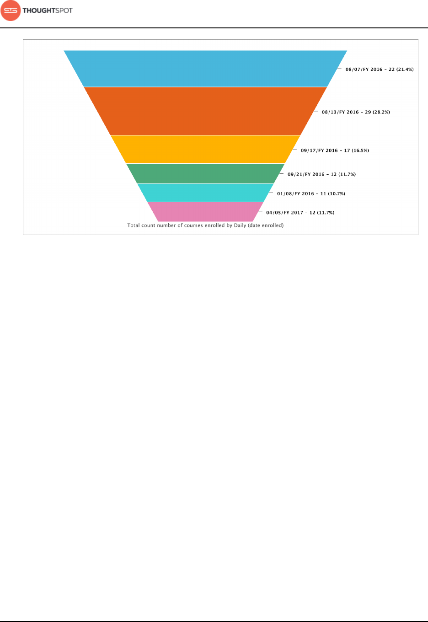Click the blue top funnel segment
click(x=205, y=68)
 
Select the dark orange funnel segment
click(x=205, y=111)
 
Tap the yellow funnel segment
click(x=205, y=149)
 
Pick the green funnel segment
click(x=205, y=173)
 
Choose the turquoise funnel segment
click(x=205, y=193)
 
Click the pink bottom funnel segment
click(x=205, y=211)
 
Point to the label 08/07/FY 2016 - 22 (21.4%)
click(x=379, y=70)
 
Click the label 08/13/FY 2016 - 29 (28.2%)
click(x=356, y=112)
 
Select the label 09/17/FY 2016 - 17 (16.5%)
click(x=335, y=150)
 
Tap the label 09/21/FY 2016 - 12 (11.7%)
click(x=321, y=174)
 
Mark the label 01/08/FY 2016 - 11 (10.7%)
click(x=311, y=194)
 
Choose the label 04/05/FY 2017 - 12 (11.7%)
click(x=300, y=213)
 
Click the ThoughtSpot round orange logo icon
click(x=11, y=11)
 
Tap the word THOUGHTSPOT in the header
click(x=48, y=11)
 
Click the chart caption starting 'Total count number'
click(x=205, y=225)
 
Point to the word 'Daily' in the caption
click(x=240, y=225)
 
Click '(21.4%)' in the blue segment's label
click(x=405, y=70)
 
